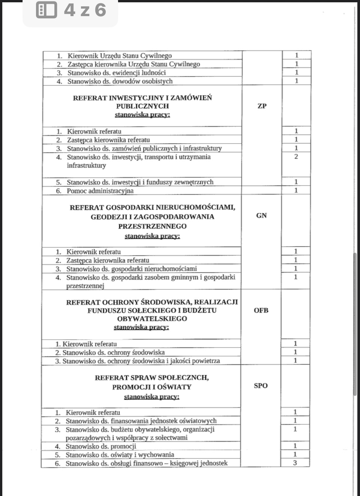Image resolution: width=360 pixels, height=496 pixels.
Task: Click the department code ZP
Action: [x=262, y=106]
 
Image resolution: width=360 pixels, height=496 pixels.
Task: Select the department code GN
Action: [x=261, y=216]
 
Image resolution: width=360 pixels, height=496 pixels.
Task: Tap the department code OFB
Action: [x=261, y=310]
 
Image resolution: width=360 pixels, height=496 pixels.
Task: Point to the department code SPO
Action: [x=261, y=386]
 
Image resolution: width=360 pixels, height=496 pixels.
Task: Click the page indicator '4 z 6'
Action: [x=85, y=10]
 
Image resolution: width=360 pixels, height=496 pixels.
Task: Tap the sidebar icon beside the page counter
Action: [x=46, y=10]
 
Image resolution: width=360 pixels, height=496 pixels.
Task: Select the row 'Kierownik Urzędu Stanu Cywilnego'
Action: [x=119, y=56]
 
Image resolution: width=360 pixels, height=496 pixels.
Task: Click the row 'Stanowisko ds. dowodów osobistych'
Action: [x=120, y=81]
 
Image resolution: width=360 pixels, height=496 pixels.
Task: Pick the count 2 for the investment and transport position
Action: [x=296, y=157]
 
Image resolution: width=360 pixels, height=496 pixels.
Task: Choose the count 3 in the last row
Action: [x=295, y=463]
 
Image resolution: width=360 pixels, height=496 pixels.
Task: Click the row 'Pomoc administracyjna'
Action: [x=100, y=191]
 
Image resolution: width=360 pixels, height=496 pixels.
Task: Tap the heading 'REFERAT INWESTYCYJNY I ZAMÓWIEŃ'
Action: [x=142, y=98]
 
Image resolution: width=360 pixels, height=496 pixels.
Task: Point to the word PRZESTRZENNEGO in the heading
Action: [x=152, y=226]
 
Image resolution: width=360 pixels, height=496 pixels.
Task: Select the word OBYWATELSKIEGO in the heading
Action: [x=152, y=319]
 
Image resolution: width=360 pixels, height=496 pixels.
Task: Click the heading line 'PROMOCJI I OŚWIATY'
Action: [x=151, y=387]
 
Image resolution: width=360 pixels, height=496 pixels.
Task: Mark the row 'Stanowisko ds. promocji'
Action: [x=100, y=447]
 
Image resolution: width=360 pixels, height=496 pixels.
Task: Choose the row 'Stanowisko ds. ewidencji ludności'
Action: [x=116, y=73]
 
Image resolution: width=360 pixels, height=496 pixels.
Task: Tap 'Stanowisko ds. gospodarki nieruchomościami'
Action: [x=131, y=269]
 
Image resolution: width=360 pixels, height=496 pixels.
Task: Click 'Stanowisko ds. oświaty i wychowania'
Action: [x=120, y=455]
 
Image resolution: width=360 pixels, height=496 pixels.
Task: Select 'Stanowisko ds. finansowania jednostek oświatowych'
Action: [x=141, y=421]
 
